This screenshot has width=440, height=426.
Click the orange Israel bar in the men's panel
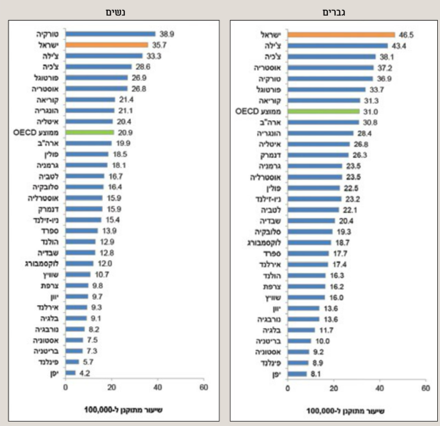tap(341, 34)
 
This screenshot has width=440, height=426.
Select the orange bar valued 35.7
tap(106, 44)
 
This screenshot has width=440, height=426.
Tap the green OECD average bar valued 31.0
tap(323, 111)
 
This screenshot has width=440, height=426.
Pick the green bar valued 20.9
tap(89, 132)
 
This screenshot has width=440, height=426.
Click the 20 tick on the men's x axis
tap(333, 388)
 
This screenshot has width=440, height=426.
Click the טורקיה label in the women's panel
tap(48, 34)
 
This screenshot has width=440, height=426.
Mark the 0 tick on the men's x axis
tap(287, 388)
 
